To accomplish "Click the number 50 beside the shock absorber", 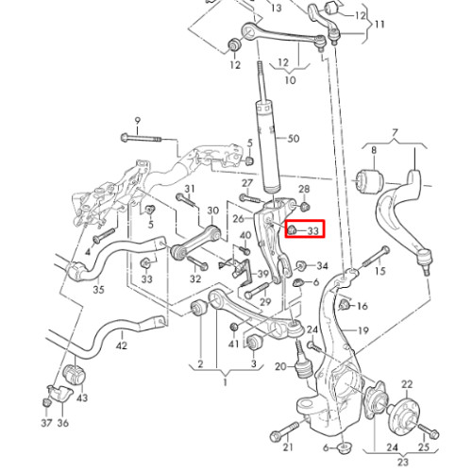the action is [294, 139].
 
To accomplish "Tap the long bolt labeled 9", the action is [142, 138].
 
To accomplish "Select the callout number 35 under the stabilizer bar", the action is [98, 289].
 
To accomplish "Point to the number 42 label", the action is [122, 346].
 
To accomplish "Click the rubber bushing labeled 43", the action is [76, 374].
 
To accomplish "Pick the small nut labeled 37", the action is [46, 402].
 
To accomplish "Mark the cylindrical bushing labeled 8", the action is [370, 182].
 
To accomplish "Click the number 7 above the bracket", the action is [395, 132].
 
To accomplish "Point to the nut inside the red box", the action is [293, 229].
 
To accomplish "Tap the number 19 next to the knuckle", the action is [362, 330].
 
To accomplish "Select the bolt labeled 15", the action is [377, 256].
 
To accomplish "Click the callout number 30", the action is [213, 211].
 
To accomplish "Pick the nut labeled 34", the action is [301, 265].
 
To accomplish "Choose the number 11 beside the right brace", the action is [379, 25].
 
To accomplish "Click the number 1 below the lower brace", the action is [225, 383].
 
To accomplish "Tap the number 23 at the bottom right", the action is [402, 462].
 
